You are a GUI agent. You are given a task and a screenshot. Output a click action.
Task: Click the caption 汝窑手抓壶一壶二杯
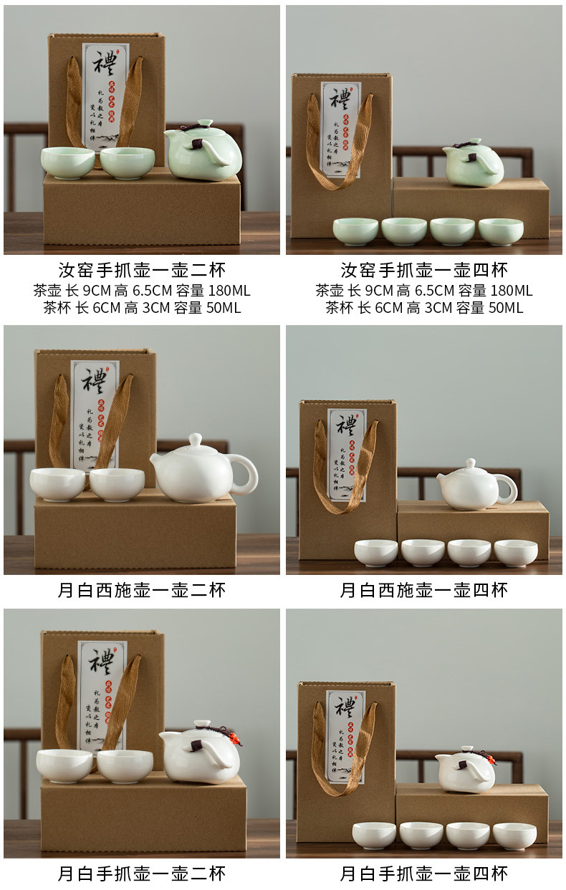point(142,270)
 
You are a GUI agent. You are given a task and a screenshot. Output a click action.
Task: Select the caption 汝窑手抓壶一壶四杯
point(424,270)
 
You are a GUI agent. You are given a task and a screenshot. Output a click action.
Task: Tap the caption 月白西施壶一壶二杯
point(142,590)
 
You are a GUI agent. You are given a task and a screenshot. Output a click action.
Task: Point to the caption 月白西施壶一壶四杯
point(424,590)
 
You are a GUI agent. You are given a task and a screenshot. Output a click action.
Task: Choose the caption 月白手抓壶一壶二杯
point(142,874)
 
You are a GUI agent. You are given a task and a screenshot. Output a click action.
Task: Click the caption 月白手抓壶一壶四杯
point(424,874)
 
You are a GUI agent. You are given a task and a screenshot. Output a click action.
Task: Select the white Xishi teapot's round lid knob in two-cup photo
point(195,439)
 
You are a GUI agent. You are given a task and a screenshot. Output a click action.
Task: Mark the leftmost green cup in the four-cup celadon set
point(355,231)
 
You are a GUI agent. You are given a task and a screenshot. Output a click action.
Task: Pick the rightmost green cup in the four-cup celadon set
point(501,231)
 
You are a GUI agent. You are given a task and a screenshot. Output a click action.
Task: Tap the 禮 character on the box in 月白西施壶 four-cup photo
point(347,425)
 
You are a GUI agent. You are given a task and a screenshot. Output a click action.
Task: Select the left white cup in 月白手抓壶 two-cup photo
point(64,765)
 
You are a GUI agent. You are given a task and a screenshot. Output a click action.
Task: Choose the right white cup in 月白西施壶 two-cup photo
point(117,484)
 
